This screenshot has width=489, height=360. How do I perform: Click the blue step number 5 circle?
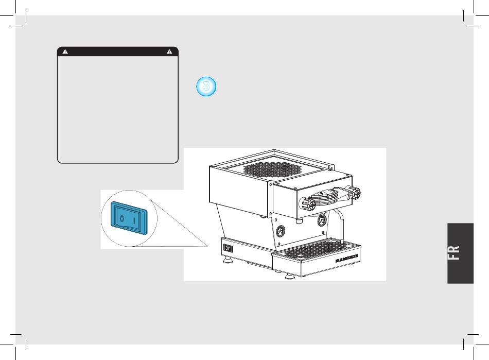pyautogui.click(x=206, y=87)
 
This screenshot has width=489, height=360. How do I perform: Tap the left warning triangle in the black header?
pyautogui.click(x=65, y=52)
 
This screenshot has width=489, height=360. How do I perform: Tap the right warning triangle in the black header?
pyautogui.click(x=170, y=52)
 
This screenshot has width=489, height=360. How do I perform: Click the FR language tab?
pyautogui.click(x=460, y=253)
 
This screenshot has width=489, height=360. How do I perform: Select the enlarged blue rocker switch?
pyautogui.click(x=129, y=217)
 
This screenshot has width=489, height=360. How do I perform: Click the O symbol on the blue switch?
pyautogui.click(x=121, y=218)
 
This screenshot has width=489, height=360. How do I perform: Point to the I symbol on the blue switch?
pyautogui.click(x=135, y=220)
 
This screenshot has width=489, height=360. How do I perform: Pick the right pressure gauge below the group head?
pyautogui.click(x=322, y=220)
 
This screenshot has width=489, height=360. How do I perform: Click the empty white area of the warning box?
pyautogui.click(x=118, y=108)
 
